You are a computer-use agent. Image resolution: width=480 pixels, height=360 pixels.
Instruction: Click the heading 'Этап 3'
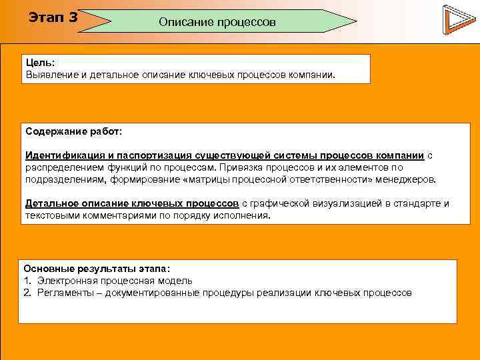[53, 17]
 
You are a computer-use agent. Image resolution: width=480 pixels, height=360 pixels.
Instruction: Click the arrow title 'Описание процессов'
[217, 22]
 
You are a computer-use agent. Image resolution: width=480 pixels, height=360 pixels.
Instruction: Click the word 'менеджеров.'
[408, 179]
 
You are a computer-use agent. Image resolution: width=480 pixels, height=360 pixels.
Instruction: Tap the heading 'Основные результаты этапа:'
[97, 269]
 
